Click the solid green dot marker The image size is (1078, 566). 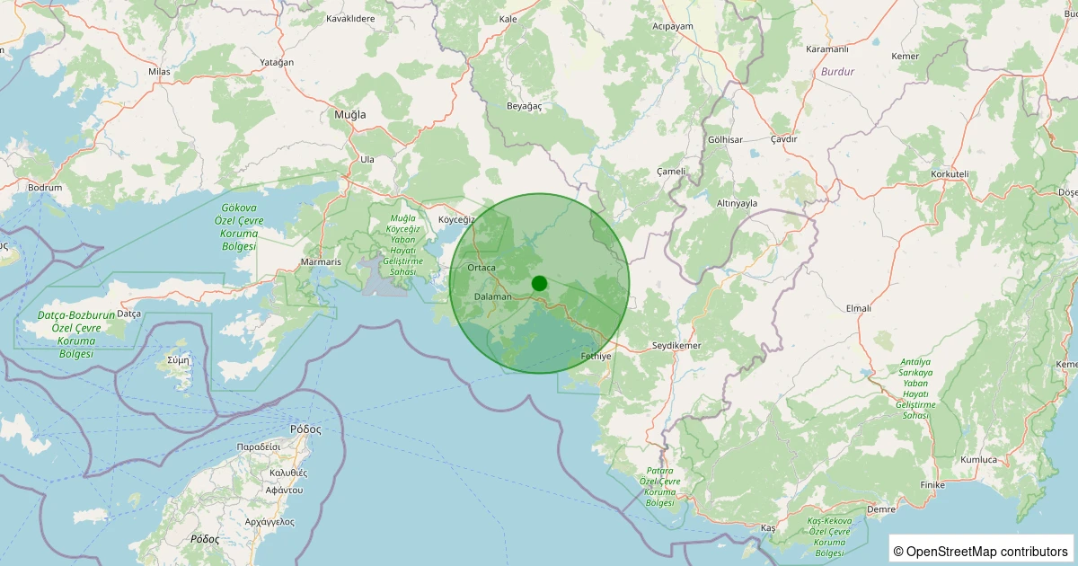click(x=539, y=283)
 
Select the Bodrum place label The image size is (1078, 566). click(x=45, y=188)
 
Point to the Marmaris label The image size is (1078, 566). click(x=321, y=262)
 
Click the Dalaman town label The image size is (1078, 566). click(x=492, y=296)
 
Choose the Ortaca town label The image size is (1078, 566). click(x=482, y=268)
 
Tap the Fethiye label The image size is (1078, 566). click(x=596, y=357)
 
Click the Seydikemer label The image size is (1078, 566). click(x=676, y=345)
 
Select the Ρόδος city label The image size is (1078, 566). click(x=305, y=429)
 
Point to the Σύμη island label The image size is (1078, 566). click(x=179, y=359)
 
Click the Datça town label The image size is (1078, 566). click(x=129, y=314)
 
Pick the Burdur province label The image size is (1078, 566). click(x=837, y=71)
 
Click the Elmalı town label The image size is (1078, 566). click(x=859, y=308)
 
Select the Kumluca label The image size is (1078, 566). click(x=978, y=460)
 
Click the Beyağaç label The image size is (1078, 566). click(x=525, y=106)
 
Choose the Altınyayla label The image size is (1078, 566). click(x=738, y=204)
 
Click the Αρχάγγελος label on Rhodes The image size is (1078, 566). click(x=269, y=521)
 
